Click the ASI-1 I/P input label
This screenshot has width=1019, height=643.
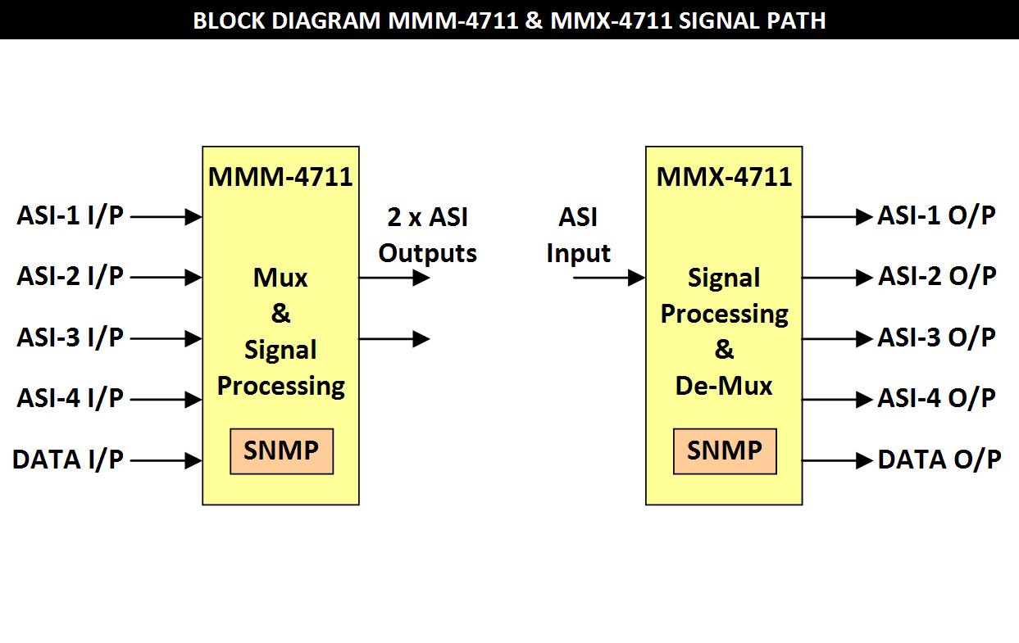70,217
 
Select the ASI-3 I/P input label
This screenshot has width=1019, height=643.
70,337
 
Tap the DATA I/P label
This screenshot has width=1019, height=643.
68,460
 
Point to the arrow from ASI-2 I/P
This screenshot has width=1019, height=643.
166,278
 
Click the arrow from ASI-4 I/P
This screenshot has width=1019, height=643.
166,400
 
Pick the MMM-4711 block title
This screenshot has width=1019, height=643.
280,176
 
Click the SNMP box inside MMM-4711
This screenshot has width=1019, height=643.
281,451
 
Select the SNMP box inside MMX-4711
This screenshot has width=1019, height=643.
725,451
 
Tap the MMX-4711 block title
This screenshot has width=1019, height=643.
724,176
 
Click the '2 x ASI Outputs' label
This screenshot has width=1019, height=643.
427,235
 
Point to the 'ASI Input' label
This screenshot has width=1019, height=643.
578,235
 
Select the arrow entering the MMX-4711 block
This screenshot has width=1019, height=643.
609,278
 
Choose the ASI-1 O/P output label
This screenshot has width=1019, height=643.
937,215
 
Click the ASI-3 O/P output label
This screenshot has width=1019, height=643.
937,337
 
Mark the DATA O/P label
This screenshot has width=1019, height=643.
939,460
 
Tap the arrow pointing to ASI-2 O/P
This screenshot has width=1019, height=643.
837,278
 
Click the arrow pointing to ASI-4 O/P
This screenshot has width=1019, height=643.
837,400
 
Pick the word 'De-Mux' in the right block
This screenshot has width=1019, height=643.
724,385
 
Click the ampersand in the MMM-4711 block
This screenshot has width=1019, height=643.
280,314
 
